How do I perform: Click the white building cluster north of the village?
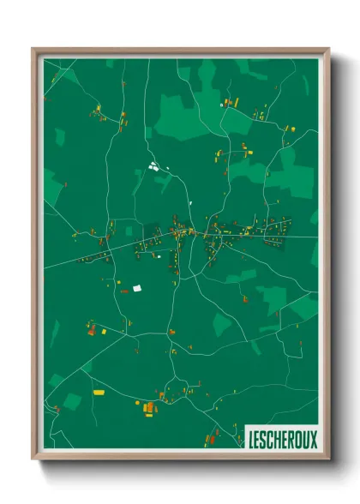[x=154, y=166]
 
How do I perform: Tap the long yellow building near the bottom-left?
[x=98, y=391]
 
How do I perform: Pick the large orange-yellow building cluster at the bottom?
[x=150, y=406]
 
